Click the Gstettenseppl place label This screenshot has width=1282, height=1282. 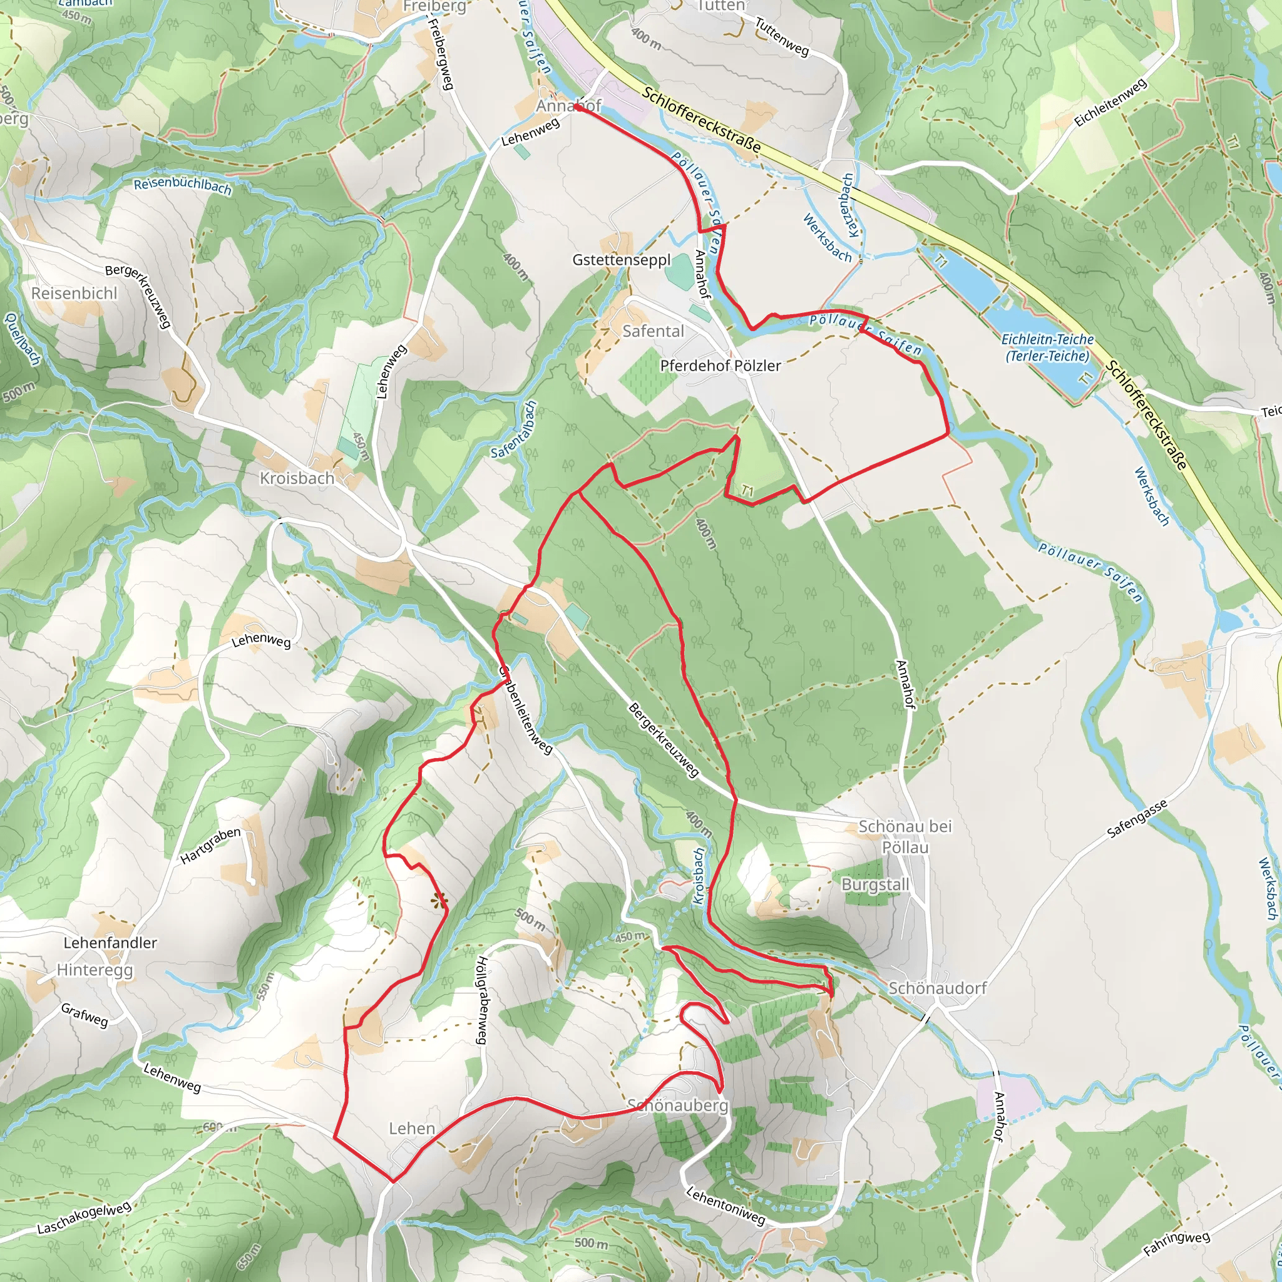click(621, 260)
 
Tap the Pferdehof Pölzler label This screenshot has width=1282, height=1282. click(720, 366)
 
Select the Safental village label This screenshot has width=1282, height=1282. click(652, 331)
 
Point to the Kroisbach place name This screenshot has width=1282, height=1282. click(297, 478)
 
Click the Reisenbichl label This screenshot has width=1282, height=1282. click(74, 294)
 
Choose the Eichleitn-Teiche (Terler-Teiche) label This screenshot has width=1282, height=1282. click(1047, 347)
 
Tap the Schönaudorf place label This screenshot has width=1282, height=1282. click(937, 988)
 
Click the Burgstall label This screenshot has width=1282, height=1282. click(874, 885)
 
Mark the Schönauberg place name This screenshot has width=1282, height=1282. click(677, 1105)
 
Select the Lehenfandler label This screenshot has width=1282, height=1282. click(110, 943)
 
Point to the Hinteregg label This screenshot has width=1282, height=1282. click(95, 970)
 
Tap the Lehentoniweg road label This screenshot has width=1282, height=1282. click(726, 1205)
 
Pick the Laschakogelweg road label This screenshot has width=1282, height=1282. click(85, 1218)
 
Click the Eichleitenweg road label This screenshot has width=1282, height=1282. click(1110, 102)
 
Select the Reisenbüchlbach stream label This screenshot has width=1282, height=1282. click(183, 187)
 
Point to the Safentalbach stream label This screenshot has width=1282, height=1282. click(513, 429)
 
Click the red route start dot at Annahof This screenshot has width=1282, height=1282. click(578, 108)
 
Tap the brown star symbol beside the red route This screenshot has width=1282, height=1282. click(439, 900)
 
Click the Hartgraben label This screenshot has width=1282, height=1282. click(210, 846)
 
